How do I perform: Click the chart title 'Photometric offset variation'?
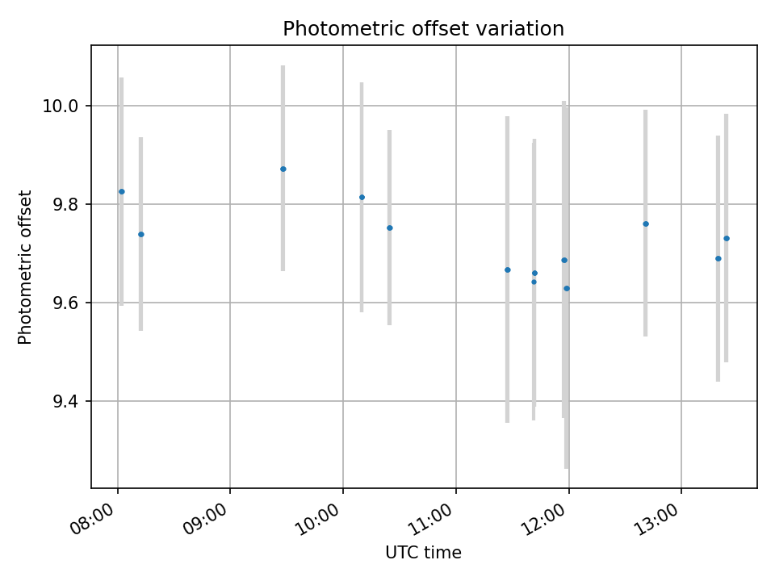pos(423,29)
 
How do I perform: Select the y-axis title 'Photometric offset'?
pos(25,267)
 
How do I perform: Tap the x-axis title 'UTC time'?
pos(423,553)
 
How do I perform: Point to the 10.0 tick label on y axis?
pos(65,107)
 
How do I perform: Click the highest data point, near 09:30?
pos(283,169)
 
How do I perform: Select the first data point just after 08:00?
pos(122,191)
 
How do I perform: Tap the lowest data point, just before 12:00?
pos(567,288)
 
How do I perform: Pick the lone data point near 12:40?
pos(646,224)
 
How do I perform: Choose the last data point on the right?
pos(727,238)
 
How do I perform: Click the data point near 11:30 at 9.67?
pos(508,270)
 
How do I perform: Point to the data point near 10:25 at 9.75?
pos(389,228)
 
